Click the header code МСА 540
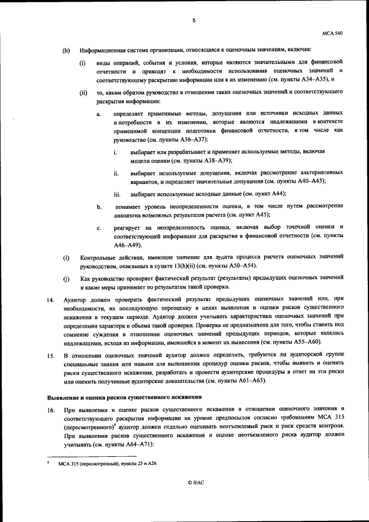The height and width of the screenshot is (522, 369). pyautogui.click(x=333, y=34)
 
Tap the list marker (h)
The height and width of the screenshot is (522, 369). pyautogui.click(x=66, y=50)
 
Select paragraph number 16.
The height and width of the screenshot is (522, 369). pyautogui.click(x=51, y=409)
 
